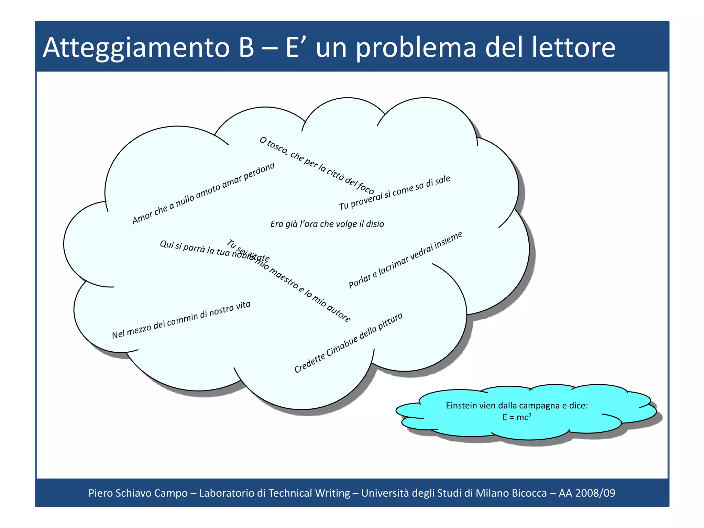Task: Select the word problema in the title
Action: coord(416,48)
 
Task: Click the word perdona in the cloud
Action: coord(260,172)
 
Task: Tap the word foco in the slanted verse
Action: coord(365,187)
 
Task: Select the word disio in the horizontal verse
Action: coord(375,224)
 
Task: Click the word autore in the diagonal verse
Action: coord(339,313)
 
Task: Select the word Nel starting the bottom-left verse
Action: coord(118,334)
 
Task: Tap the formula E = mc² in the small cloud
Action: coord(517,417)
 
